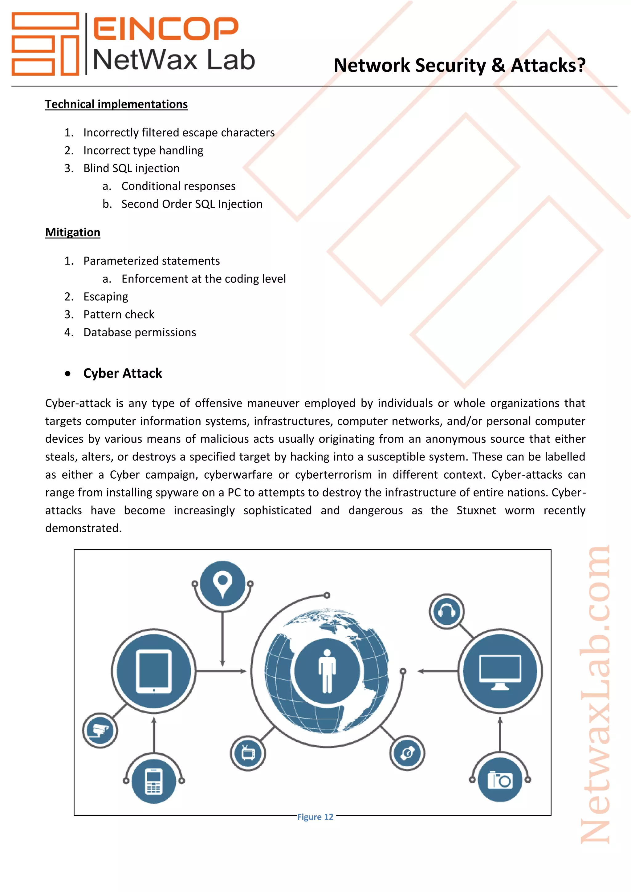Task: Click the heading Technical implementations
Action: [x=116, y=104]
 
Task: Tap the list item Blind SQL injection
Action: [x=131, y=168]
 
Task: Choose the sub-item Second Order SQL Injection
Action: [x=192, y=204]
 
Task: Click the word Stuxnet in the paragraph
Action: [x=476, y=510]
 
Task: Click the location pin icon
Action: [x=223, y=583]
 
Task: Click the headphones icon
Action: [x=446, y=611]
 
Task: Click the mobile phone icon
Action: [x=154, y=781]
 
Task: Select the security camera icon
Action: [x=100, y=730]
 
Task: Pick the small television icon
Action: [x=248, y=753]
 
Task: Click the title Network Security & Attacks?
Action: [x=459, y=65]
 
